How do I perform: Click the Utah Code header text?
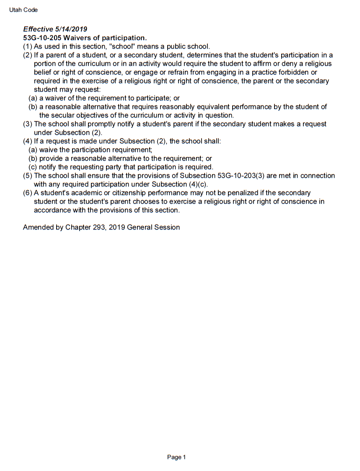coord(23,10)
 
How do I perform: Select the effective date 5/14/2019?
coord(71,29)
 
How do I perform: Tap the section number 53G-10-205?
coord(42,38)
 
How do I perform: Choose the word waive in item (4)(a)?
coord(49,150)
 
